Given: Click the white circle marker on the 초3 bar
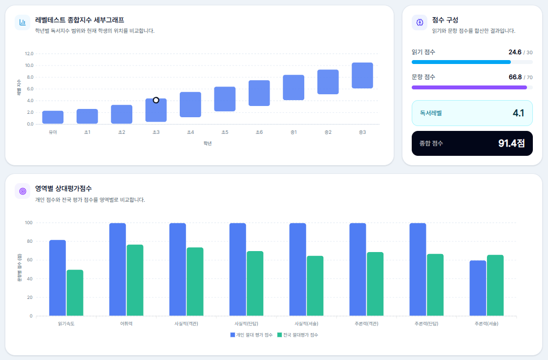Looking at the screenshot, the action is point(156,100).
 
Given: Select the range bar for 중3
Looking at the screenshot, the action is point(362,76).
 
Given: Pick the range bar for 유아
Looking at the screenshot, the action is point(53,117).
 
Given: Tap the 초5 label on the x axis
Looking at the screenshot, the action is point(225,132).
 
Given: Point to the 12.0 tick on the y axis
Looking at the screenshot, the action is point(29,53).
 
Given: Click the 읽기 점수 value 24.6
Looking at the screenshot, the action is point(515,52).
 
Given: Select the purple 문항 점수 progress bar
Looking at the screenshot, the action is point(469,87).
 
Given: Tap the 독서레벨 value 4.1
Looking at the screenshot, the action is point(518,113).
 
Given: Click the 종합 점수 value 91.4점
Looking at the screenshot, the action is point(511,143).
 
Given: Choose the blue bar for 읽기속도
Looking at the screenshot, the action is point(57,278).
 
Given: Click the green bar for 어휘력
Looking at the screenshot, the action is point(135,280).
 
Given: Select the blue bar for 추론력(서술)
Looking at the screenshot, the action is point(478,288).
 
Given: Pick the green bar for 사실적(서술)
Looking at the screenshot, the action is point(315,286).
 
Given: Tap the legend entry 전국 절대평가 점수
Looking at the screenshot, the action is point(297,335).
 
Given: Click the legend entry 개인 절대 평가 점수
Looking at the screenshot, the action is point(251,335).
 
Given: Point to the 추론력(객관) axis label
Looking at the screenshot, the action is point(366,324).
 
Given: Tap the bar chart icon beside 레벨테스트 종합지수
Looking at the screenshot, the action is point(22,22).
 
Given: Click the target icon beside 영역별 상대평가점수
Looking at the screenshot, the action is point(22,191).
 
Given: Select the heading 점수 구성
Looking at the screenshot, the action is point(445,20).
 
